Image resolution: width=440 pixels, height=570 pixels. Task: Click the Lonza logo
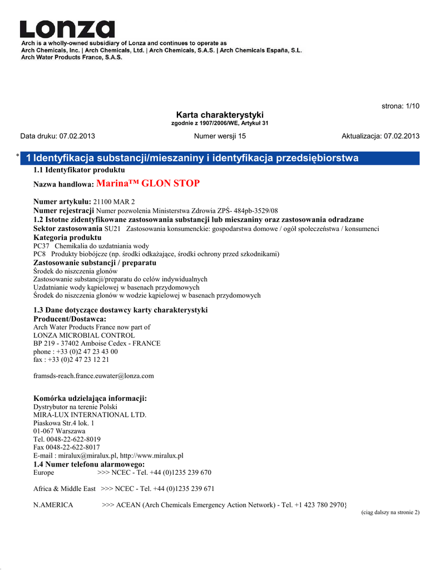coord(67,29)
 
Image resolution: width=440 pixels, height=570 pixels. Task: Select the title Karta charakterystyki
coord(220,114)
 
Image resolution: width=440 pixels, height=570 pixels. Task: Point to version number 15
coord(242,136)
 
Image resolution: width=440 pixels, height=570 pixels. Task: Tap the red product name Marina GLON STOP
coord(148,183)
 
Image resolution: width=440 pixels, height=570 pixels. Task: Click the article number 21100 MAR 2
coord(113,201)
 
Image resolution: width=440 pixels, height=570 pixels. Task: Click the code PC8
coord(40,254)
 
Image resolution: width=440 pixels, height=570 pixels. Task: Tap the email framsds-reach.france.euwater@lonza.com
coord(93,376)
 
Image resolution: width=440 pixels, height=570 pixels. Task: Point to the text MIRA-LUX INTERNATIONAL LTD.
coord(90,415)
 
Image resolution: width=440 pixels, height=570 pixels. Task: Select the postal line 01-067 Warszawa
coord(60,431)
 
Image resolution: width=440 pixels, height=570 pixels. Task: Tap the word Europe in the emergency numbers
coord(44,473)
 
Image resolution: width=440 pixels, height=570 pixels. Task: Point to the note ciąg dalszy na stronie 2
coord(390,512)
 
